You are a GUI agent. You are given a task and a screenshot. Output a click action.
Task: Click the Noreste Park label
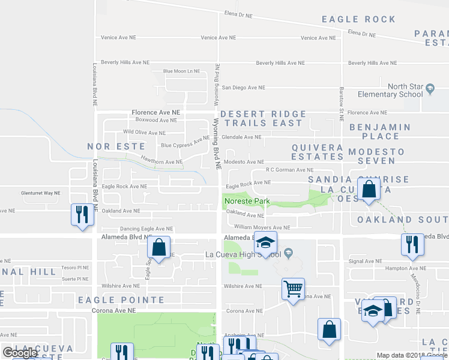pyautogui.click(x=247, y=201)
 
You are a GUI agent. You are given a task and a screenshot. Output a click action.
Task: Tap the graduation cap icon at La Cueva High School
pyautogui.click(x=265, y=243)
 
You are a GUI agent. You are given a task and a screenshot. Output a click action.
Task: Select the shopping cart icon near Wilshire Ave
pyautogui.click(x=293, y=289)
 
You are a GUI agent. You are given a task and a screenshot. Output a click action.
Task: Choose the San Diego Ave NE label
pyautogui.click(x=243, y=88)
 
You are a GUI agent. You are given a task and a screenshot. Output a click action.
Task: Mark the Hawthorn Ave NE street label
pyautogui.click(x=161, y=161)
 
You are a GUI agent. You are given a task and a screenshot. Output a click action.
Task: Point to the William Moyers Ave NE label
pyautogui.click(x=262, y=227)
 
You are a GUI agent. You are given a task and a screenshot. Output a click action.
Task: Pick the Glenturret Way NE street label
pyautogui.click(x=40, y=193)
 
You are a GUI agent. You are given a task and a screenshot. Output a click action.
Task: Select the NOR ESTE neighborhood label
pyautogui.click(x=116, y=146)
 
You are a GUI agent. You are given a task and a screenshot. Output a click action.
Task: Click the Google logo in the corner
pyautogui.click(x=20, y=353)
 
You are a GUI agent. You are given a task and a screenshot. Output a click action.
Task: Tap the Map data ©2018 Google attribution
pyautogui.click(x=411, y=356)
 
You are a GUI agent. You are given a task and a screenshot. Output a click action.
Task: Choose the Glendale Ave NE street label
pyautogui.click(x=241, y=137)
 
